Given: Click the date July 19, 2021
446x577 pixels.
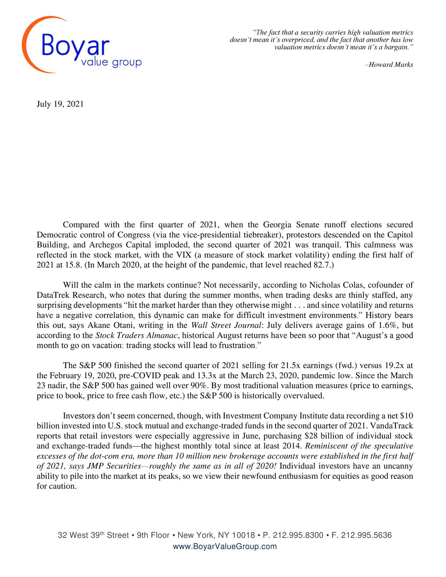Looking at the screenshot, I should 60,104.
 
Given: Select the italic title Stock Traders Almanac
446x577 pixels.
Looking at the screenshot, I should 137,336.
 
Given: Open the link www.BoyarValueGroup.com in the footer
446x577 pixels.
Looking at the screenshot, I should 225,546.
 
